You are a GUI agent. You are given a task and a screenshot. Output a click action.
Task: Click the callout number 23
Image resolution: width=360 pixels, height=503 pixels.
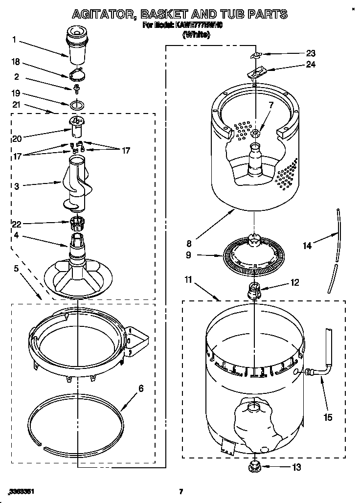click(x=297, y=54)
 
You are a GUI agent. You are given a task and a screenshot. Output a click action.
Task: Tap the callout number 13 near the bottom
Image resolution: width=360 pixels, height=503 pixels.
click(x=296, y=467)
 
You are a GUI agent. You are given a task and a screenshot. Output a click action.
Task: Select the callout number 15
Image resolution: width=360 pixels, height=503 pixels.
click(x=328, y=417)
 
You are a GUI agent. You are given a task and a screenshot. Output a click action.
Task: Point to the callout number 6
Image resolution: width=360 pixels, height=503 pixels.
click(x=141, y=389)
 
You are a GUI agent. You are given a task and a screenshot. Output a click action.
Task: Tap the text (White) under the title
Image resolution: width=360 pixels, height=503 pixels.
click(x=196, y=34)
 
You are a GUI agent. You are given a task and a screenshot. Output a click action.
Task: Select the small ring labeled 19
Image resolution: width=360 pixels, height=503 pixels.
click(x=76, y=105)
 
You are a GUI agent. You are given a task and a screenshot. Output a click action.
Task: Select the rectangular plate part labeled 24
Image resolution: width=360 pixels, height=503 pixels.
click(x=255, y=73)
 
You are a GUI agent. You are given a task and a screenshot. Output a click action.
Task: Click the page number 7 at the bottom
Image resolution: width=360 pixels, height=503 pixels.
click(x=180, y=491)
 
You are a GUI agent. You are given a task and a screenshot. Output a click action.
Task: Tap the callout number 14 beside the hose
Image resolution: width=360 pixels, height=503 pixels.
click(x=307, y=246)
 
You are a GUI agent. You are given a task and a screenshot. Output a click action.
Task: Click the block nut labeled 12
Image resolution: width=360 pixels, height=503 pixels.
click(x=254, y=290)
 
